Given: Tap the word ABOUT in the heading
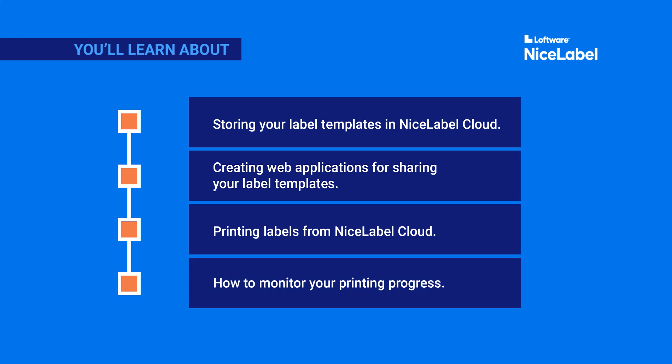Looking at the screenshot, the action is coord(204,50).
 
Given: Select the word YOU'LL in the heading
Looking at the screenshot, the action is coord(98,50).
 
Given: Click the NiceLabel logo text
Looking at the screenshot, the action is coord(561,54).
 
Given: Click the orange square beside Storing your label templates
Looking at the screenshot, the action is coord(129,121).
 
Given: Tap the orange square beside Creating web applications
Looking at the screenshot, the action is coord(129,176).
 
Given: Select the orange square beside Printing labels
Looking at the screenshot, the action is coord(129,229).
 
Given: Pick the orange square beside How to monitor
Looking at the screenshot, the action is coord(129,283).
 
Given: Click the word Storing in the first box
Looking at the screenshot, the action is coord(234,125).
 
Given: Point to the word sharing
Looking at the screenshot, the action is coord(415,168).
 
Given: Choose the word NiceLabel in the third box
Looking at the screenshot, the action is coord(364,231).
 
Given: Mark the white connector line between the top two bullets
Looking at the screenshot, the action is coord(129,149).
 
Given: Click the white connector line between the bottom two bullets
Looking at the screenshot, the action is coord(129,257).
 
